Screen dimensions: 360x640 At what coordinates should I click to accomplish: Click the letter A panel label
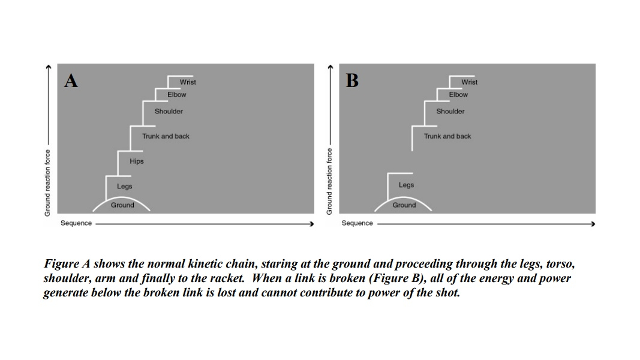[71, 80]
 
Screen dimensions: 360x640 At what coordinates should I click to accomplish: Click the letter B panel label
[353, 80]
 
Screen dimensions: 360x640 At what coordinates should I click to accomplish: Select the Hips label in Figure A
[137, 161]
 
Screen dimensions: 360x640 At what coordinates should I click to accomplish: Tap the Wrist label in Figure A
[188, 82]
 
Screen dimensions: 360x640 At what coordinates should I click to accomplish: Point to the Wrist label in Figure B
[470, 82]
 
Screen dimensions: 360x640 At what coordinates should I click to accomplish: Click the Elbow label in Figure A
[177, 95]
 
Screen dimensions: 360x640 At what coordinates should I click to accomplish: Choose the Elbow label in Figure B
[458, 95]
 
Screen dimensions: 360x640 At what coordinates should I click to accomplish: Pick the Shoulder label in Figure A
[169, 112]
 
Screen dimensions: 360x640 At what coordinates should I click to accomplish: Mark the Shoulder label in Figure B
[450, 112]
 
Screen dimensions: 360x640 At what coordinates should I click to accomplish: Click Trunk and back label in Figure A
[166, 137]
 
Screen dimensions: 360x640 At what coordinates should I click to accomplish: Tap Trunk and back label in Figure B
[447, 137]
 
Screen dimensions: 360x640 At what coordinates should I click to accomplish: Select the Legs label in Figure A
[125, 187]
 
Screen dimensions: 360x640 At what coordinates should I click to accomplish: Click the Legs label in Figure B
[406, 185]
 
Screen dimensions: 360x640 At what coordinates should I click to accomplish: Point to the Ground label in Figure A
[122, 205]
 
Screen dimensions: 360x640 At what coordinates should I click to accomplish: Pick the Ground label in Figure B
[404, 205]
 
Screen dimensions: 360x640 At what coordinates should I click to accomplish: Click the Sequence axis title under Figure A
[76, 223]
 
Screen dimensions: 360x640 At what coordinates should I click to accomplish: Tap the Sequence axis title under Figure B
[357, 223]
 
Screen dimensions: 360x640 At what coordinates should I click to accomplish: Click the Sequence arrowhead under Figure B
[593, 224]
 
